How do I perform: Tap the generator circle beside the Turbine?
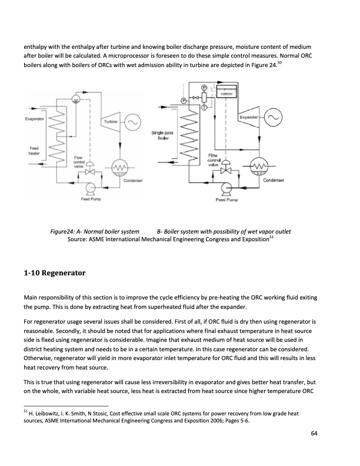coord(131,122)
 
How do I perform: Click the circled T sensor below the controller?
coord(204,107)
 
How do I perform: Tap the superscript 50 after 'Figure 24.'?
coord(279,62)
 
